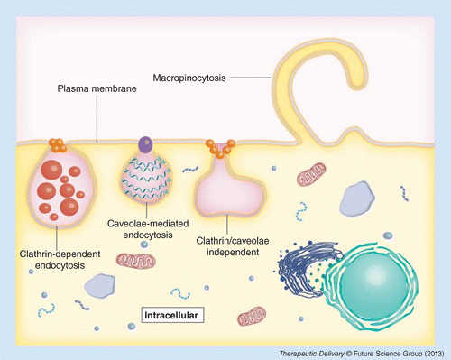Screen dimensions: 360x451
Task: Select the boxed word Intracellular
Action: tap(172, 315)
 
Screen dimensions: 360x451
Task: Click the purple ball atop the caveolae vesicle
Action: tap(143, 142)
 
